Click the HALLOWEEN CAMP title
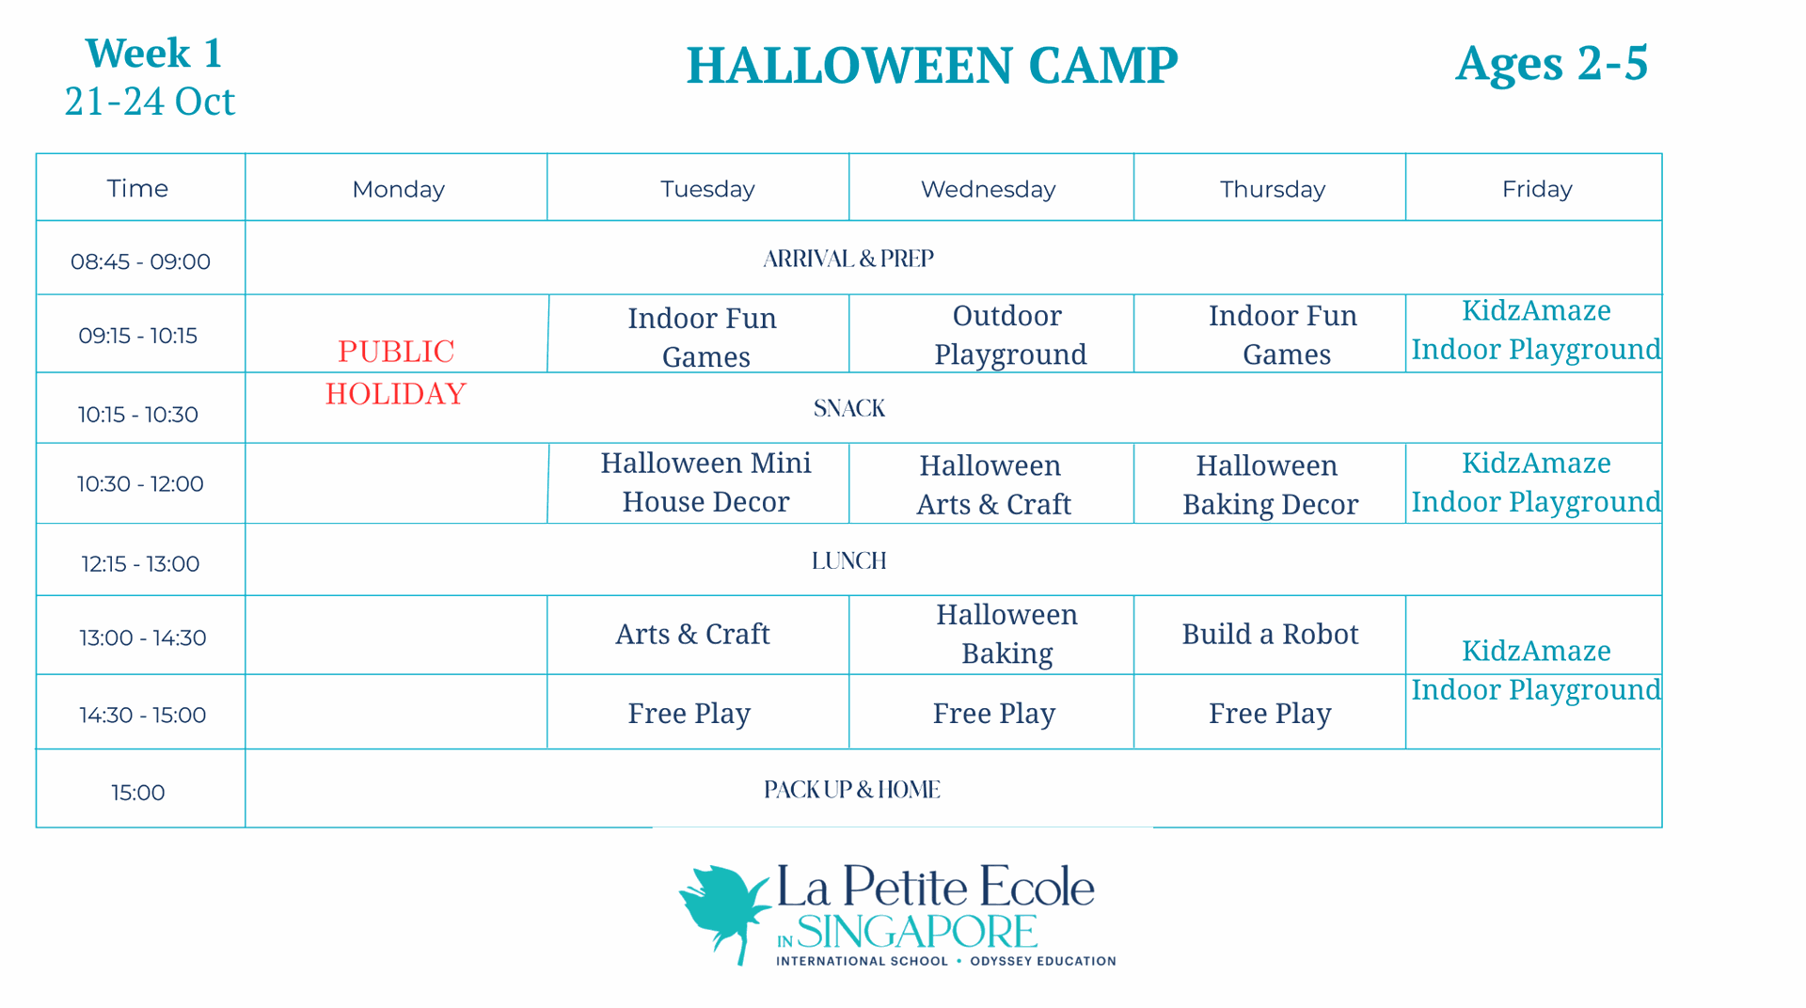(x=931, y=65)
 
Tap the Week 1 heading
(x=153, y=53)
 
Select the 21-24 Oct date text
(x=150, y=102)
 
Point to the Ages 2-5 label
(x=1551, y=63)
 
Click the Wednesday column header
(x=988, y=189)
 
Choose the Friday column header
(x=1537, y=189)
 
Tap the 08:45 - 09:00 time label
(x=140, y=261)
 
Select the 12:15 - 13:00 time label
(x=140, y=563)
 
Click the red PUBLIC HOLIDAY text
(x=396, y=372)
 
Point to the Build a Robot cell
(x=1270, y=634)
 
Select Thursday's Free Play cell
(x=1270, y=714)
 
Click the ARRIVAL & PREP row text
(x=848, y=259)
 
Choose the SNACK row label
(x=849, y=408)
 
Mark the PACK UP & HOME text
(x=852, y=790)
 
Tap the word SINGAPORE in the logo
(x=917, y=932)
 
